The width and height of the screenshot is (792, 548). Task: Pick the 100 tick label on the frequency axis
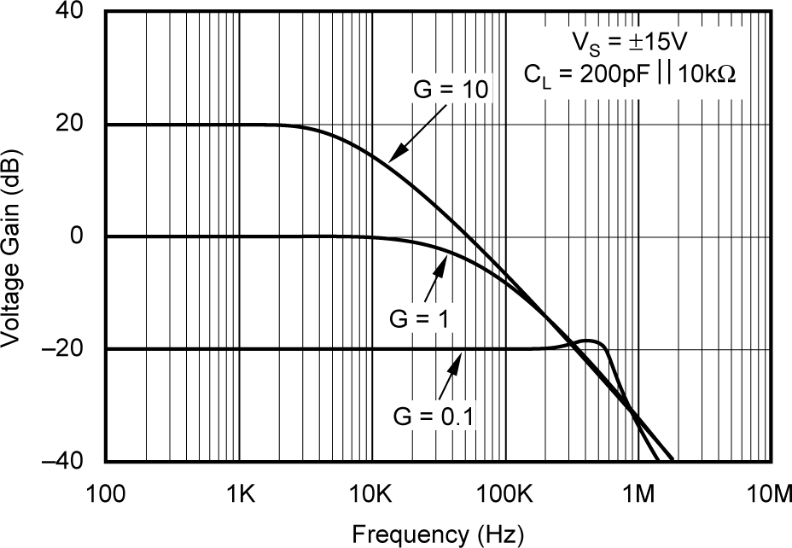coord(106,493)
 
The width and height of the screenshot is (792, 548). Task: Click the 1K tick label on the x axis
coord(240,493)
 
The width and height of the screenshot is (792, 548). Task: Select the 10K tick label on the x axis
coord(373,493)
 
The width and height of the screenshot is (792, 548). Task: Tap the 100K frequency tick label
coord(506,493)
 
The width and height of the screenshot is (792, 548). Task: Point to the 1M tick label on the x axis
coord(639,493)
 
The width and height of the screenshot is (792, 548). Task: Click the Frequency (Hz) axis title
coord(438,533)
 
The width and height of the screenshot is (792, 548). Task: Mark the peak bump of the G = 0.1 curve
coord(589,341)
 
